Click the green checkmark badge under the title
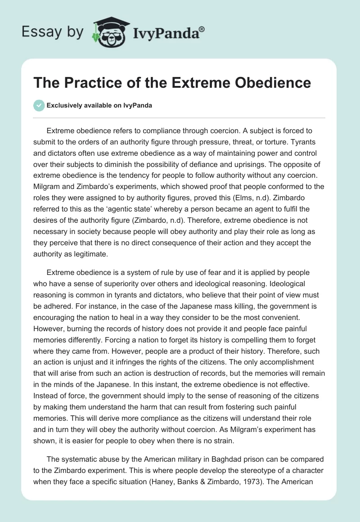point(39,105)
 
